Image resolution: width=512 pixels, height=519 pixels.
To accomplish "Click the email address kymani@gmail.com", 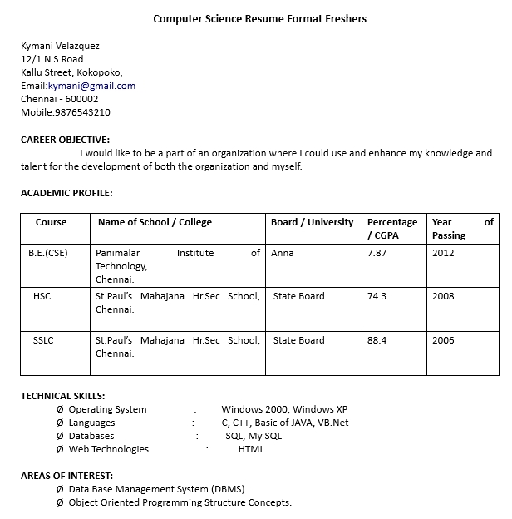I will click(91, 86).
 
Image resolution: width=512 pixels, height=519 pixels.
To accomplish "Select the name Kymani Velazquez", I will click(60, 46).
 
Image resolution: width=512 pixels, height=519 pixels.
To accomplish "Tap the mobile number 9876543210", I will click(82, 112).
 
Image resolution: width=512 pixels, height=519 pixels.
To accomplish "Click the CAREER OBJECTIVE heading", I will click(65, 140).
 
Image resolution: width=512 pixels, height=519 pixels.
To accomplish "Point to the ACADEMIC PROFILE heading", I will click(66, 193).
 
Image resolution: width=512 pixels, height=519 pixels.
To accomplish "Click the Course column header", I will click(51, 222).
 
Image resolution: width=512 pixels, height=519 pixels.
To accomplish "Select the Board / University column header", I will click(312, 222).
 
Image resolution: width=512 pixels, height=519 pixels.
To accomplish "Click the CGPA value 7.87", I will click(377, 253).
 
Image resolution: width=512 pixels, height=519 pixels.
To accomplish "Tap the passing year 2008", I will click(443, 296).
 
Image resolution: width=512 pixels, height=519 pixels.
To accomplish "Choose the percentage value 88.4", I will click(377, 340).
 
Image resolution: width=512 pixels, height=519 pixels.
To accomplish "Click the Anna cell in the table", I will click(282, 253).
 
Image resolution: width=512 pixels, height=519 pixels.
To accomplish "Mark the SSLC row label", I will click(43, 340).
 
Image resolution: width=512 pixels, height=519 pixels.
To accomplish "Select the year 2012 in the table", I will click(443, 253).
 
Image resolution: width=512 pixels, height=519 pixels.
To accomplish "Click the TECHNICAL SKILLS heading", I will click(63, 396).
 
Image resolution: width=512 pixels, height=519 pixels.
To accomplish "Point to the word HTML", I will click(251, 449).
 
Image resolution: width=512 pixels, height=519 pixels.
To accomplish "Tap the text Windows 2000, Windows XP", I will click(284, 409).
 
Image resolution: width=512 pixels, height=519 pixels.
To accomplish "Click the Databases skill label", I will click(91, 436).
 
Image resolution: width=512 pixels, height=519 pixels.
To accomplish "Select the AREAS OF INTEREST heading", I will click(66, 476).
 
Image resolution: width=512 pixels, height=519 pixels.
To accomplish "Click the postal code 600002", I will click(81, 99).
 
